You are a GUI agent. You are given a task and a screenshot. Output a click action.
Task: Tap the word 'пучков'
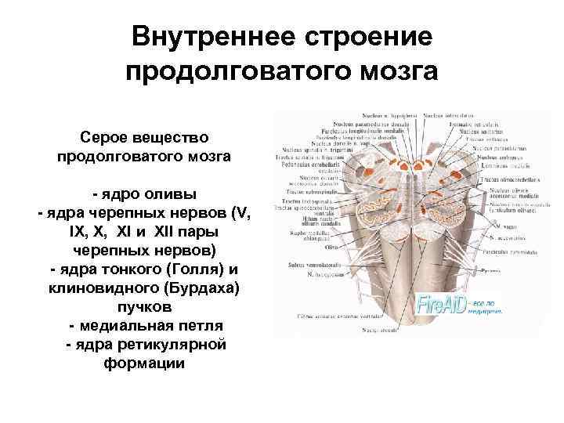click(x=143, y=308)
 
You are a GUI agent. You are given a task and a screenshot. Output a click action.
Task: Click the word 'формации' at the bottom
click(x=143, y=363)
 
